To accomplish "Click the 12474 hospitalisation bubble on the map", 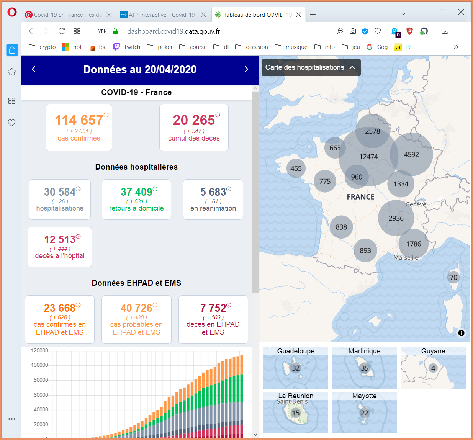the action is pos(368,157).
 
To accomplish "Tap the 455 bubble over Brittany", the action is pos(296,168).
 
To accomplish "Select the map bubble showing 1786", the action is pos(414,244).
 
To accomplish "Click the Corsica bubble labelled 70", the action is pos(453,277).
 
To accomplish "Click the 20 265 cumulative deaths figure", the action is pos(194,120).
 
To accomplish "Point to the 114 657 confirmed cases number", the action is pos(79,120).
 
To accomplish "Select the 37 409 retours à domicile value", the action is pos(136,192).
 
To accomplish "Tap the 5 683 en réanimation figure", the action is pos(213,192).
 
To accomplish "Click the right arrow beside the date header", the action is pos(246,69).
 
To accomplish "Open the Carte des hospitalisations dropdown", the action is pos(311,67).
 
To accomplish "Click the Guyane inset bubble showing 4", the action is pos(433,368).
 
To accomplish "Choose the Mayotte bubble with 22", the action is pos(364,413).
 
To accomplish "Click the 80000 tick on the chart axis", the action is pos(41,380).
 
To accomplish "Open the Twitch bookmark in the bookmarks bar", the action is pos(127,47).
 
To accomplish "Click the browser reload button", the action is pos(62,31).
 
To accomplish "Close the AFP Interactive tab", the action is pos(204,15).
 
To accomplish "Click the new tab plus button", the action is pos(313,15).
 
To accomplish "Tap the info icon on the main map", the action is pos(461,333).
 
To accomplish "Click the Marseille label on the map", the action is pos(406,257).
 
